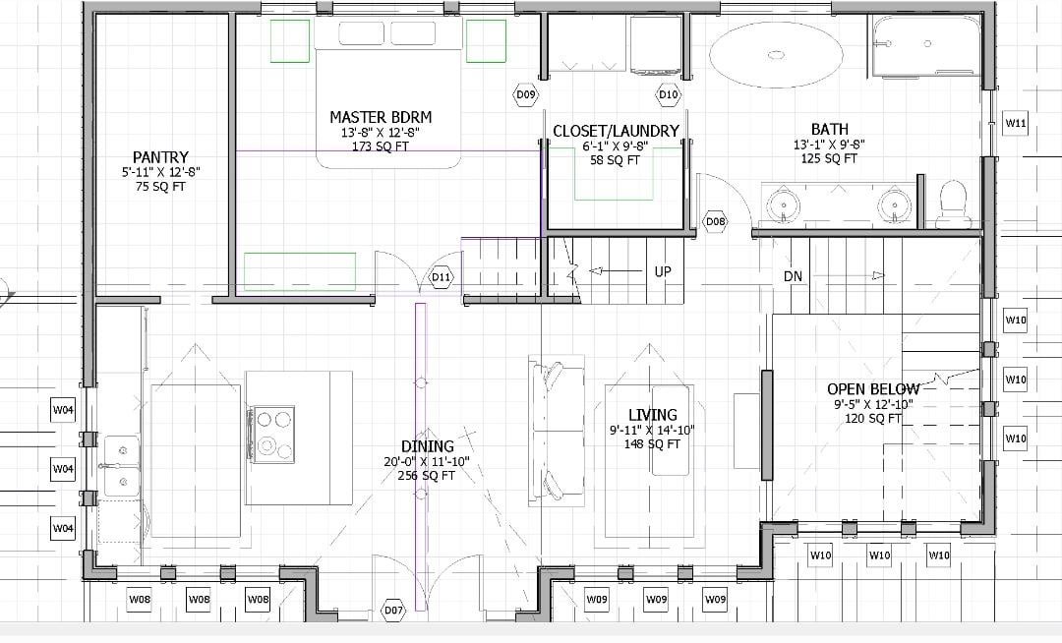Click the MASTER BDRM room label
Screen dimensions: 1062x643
coord(381,117)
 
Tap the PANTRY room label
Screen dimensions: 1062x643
coord(160,157)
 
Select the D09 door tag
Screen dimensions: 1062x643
coord(526,94)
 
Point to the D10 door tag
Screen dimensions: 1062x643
coord(669,94)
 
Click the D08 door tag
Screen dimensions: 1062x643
coord(715,221)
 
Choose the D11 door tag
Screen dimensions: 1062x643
coord(441,277)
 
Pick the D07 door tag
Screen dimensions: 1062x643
coord(393,610)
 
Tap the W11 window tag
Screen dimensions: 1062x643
coord(1015,123)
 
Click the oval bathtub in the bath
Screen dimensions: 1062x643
coord(776,55)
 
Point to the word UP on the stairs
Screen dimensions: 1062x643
coord(663,271)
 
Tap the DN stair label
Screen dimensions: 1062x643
coord(794,276)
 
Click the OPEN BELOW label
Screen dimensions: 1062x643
coord(874,389)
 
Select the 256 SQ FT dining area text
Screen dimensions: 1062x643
coord(427,476)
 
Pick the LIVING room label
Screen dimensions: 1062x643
coord(652,415)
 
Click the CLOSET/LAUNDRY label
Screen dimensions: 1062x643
coord(616,132)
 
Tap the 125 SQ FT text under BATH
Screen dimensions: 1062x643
coord(830,158)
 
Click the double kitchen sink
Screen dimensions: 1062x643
coord(122,466)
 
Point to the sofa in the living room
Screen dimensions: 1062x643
coord(556,431)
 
